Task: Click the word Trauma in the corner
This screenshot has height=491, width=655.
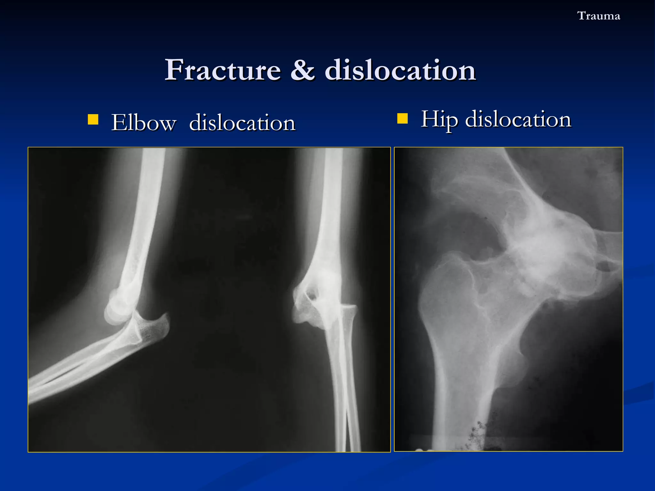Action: [x=598, y=16]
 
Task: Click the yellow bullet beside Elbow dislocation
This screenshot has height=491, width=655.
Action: [x=93, y=120]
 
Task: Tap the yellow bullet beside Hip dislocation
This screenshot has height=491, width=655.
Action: [x=402, y=119]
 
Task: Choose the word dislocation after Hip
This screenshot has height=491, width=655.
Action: [x=518, y=119]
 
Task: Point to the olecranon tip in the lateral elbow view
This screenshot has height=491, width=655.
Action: [x=165, y=320]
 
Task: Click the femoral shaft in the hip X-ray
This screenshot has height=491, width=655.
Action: [x=461, y=384]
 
